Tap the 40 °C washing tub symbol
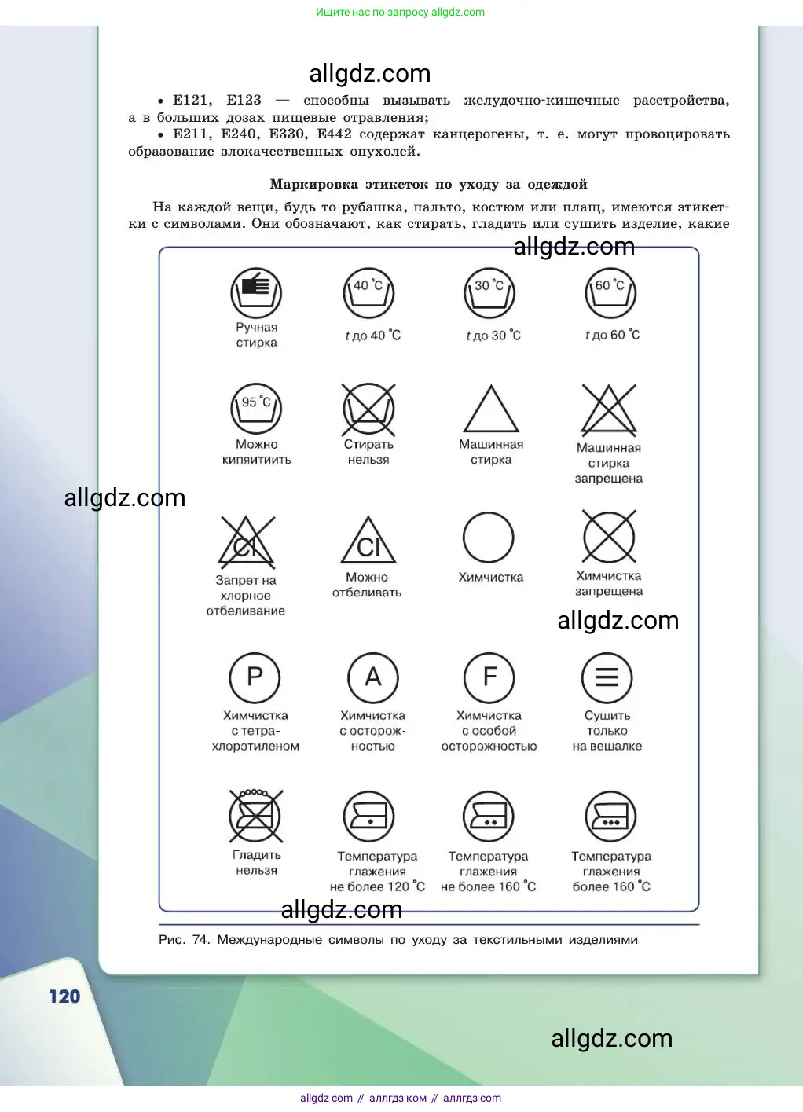[x=368, y=293]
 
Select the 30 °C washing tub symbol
[x=489, y=293]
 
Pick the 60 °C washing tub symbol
[x=610, y=293]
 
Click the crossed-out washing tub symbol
[x=368, y=409]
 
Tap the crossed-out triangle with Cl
[x=247, y=542]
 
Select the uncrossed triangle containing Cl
[x=368, y=541]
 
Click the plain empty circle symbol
[x=489, y=538]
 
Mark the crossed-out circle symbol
[x=609, y=538]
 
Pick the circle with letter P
[x=255, y=677]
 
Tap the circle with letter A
[x=373, y=677]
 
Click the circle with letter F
[x=489, y=677]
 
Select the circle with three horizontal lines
[x=607, y=677]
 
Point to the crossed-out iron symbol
[x=256, y=816]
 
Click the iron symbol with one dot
[x=368, y=817]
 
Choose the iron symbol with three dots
[x=610, y=817]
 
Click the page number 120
[x=64, y=996]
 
